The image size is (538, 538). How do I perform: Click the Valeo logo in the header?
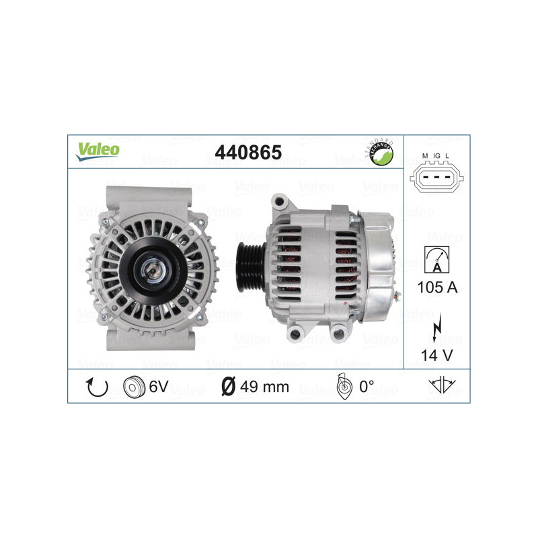[98, 151]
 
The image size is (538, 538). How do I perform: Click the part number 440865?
[247, 152]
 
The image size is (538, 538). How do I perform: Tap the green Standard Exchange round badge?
[381, 153]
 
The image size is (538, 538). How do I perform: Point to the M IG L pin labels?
[436, 156]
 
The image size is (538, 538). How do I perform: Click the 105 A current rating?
[437, 288]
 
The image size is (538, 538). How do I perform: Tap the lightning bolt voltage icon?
[437, 329]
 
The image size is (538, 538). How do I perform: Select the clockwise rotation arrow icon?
[96, 387]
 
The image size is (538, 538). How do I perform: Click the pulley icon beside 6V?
[134, 387]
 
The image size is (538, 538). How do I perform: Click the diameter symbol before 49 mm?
[228, 387]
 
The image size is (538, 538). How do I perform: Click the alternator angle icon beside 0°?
[342, 387]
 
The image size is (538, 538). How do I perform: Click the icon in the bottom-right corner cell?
[442, 386]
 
